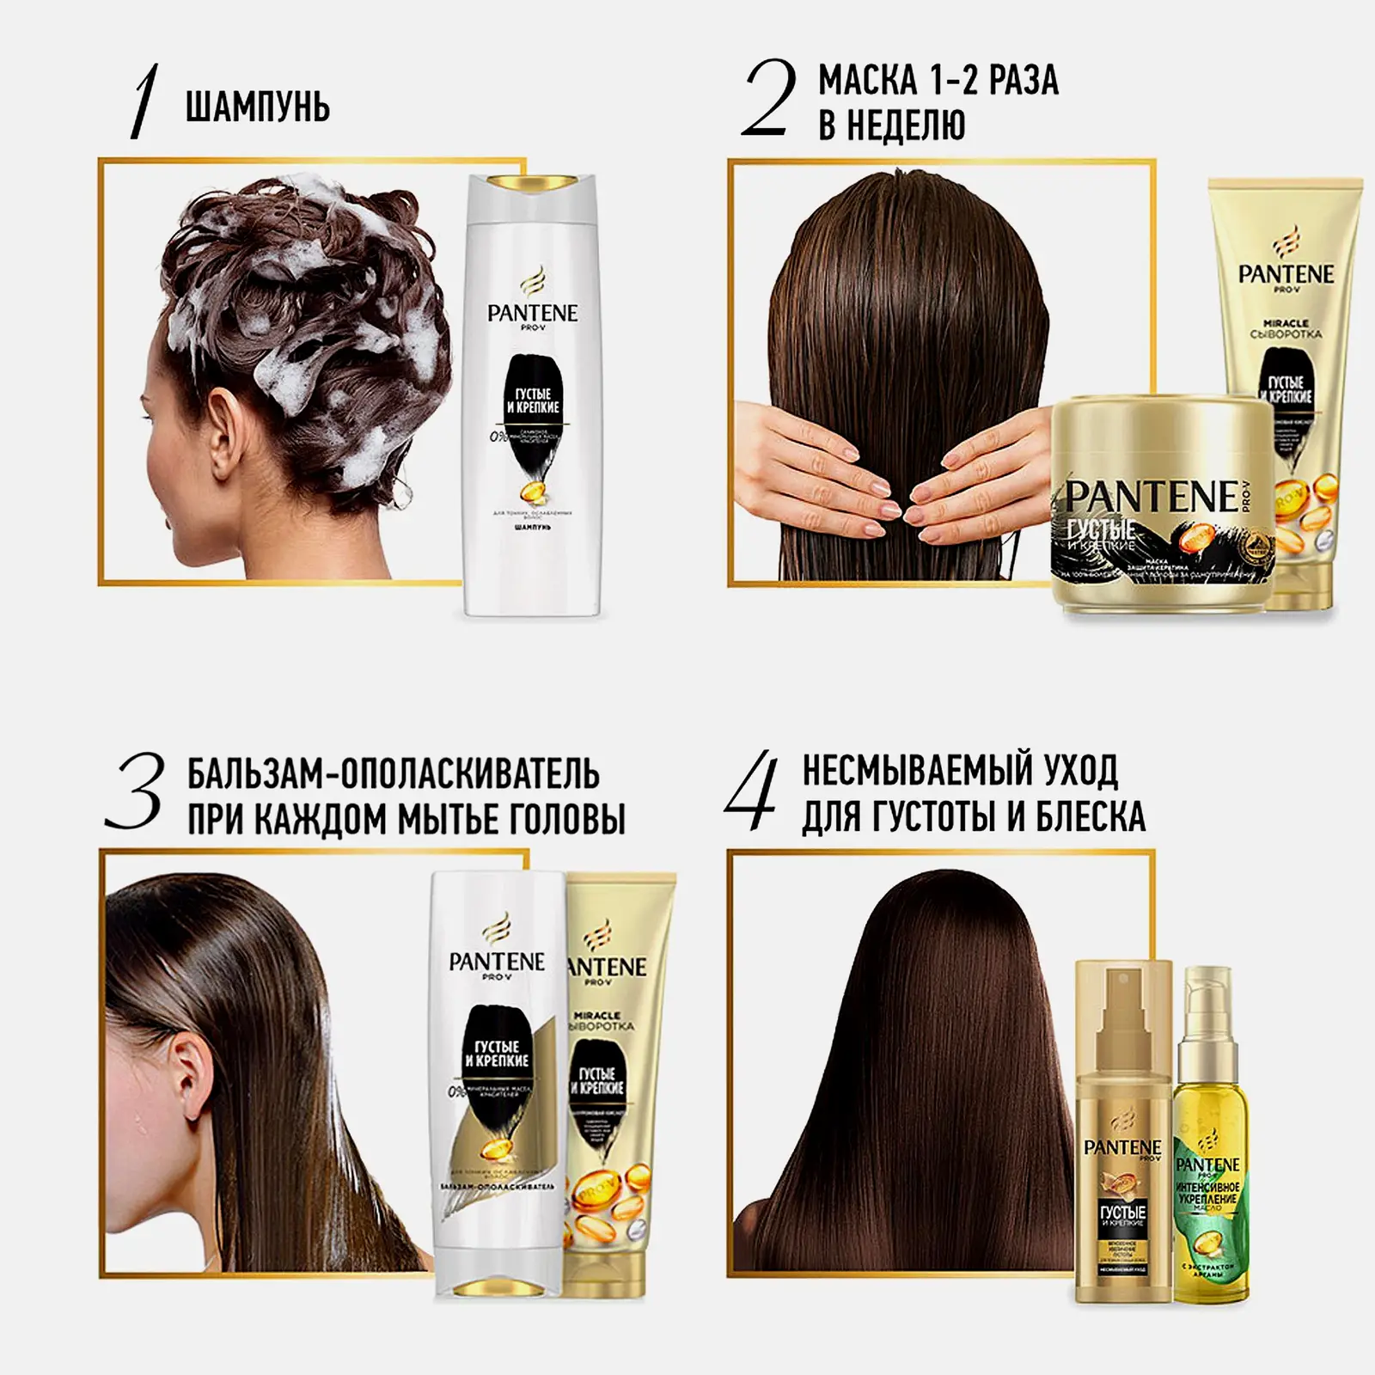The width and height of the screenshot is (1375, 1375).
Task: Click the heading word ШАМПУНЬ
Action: [257, 108]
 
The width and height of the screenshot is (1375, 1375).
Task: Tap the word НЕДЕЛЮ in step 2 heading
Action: [892, 125]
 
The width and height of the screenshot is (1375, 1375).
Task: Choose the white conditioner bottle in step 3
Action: [496, 1083]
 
